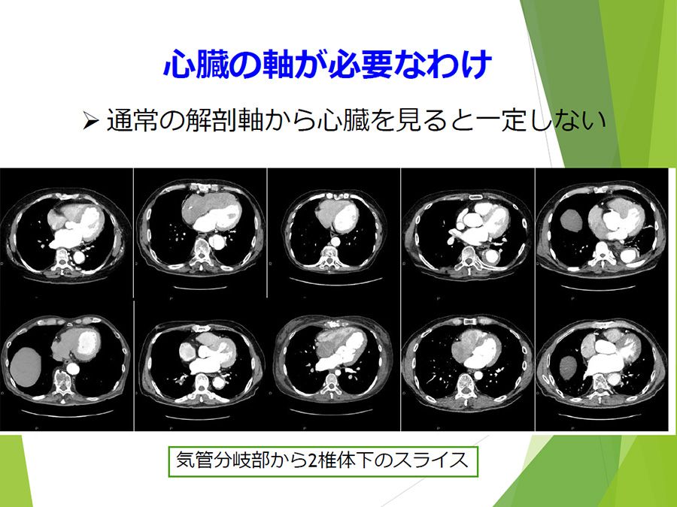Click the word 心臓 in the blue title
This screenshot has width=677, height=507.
(x=196, y=65)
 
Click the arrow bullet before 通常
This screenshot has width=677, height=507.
(x=91, y=120)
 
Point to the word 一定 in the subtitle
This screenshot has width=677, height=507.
(x=500, y=120)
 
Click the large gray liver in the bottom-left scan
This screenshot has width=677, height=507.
(x=26, y=367)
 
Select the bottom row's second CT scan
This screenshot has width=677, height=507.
(x=200, y=366)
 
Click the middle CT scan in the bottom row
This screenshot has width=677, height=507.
(x=334, y=366)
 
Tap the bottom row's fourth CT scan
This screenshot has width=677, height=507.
(x=468, y=366)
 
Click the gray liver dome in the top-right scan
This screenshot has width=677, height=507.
(x=572, y=220)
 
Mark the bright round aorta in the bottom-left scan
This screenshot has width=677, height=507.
(x=74, y=368)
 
